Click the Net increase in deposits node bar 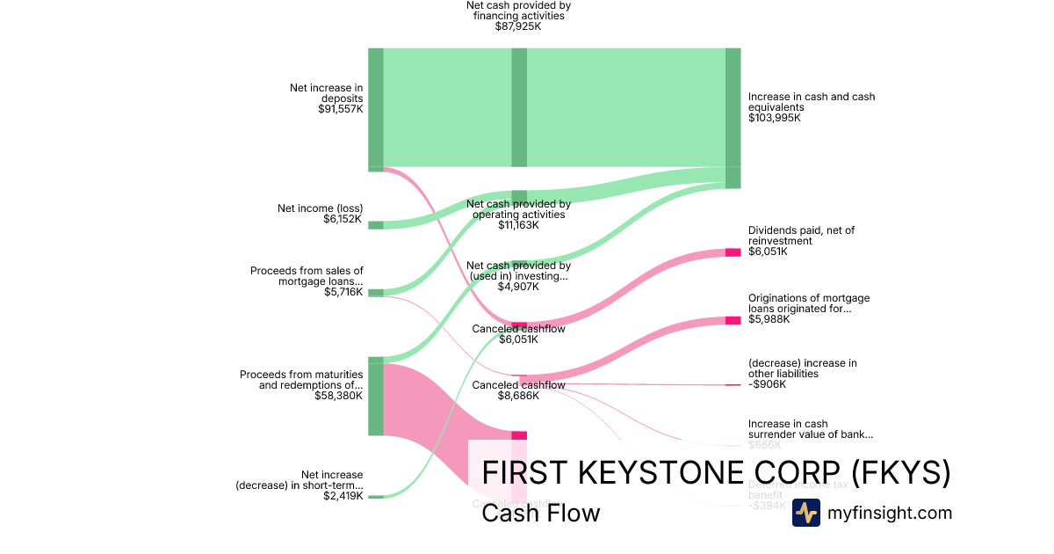pyautogui.click(x=376, y=107)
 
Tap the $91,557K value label pyautogui.click(x=341, y=109)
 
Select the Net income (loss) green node pyautogui.click(x=376, y=225)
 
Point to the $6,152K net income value pyautogui.click(x=343, y=219)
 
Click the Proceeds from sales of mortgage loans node pyautogui.click(x=376, y=293)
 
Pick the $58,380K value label pyautogui.click(x=339, y=396)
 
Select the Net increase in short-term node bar pyautogui.click(x=376, y=497)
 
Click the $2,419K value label pyautogui.click(x=343, y=496)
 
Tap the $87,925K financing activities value pyautogui.click(x=518, y=26)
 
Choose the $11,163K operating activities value pyautogui.click(x=518, y=225)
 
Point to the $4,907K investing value pyautogui.click(x=518, y=287)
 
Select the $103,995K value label pyautogui.click(x=775, y=118)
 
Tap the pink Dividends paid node pyautogui.click(x=733, y=252)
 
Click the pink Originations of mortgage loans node pyautogui.click(x=733, y=320)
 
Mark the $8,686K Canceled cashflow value pyautogui.click(x=518, y=396)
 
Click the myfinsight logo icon pyautogui.click(x=805, y=513)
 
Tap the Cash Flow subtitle pyautogui.click(x=540, y=513)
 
